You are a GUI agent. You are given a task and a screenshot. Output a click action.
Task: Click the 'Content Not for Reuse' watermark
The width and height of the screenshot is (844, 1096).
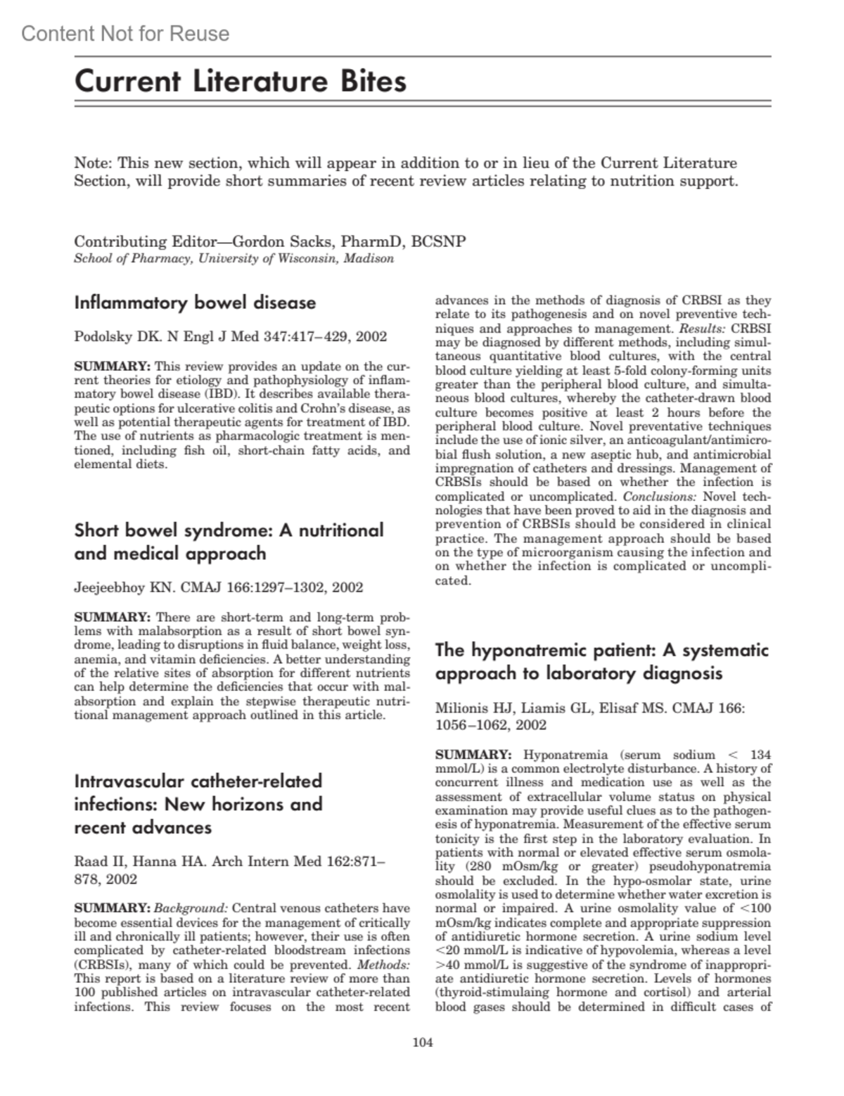click(x=125, y=34)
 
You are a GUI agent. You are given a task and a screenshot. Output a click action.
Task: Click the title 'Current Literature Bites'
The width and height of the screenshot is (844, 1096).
click(x=241, y=82)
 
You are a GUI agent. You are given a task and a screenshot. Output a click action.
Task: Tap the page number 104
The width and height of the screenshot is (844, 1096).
click(x=422, y=1043)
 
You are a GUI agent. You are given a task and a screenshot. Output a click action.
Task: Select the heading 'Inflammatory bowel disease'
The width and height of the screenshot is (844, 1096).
click(x=195, y=303)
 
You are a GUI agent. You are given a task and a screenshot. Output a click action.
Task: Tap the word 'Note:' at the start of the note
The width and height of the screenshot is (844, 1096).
click(x=93, y=163)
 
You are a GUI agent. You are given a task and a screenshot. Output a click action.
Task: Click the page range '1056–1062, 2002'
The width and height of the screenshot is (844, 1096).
click(x=491, y=725)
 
